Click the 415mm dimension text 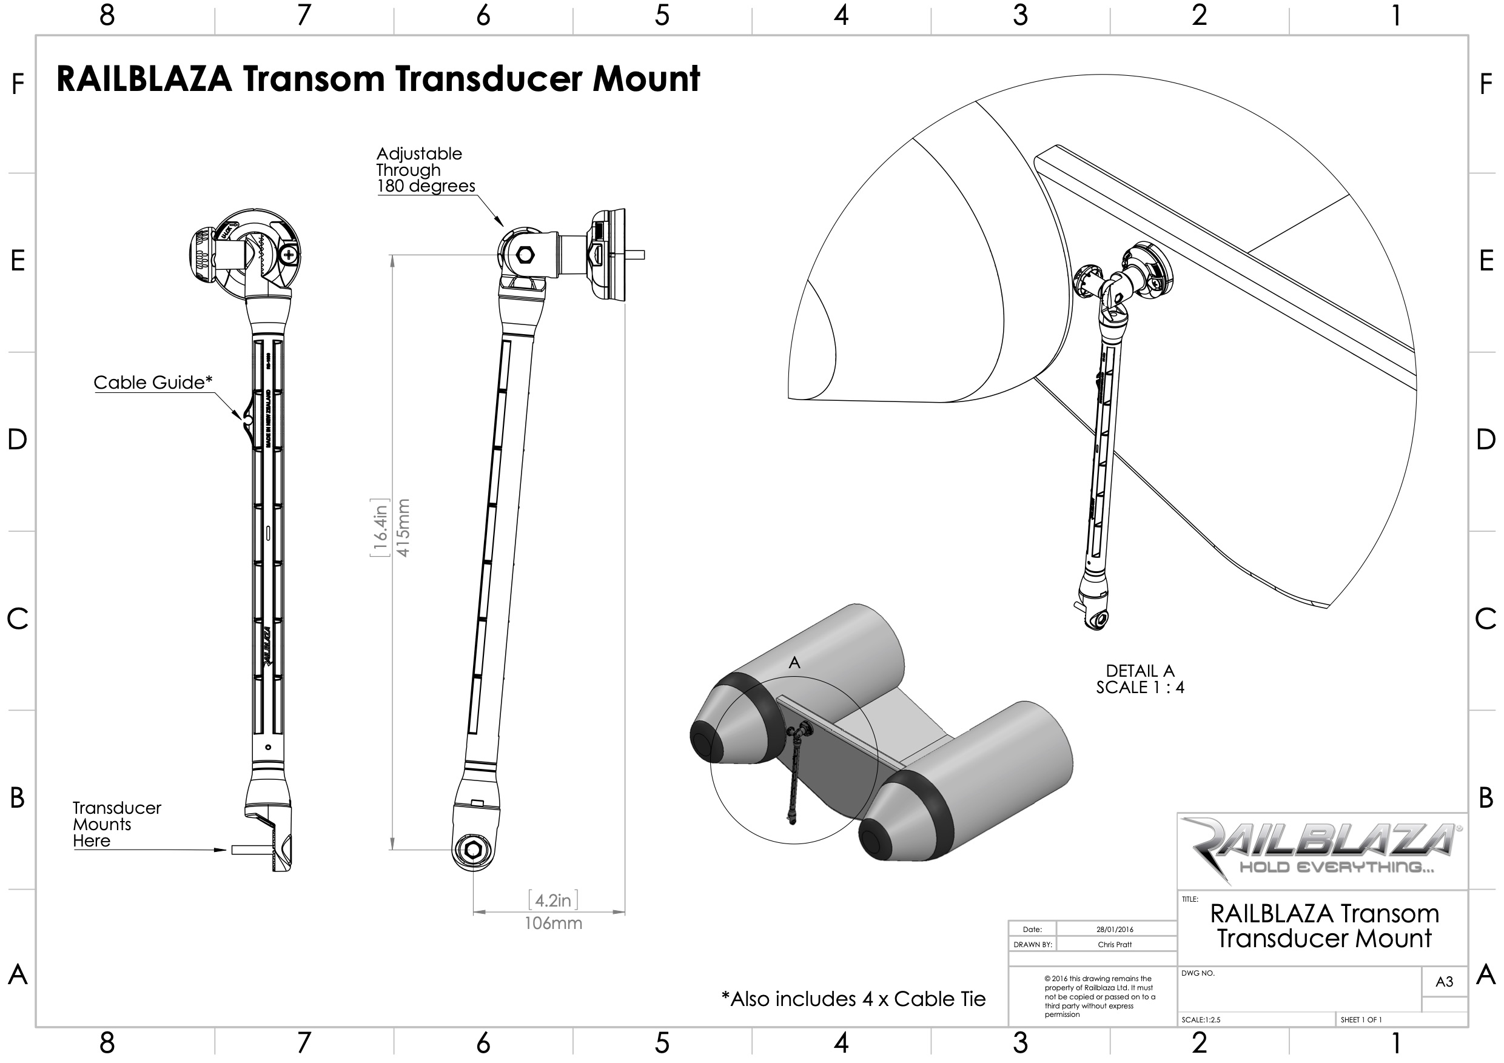[x=403, y=528]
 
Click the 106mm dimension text [x=553, y=924]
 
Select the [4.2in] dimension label [x=553, y=900]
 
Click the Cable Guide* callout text [x=153, y=383]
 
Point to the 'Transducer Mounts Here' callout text [x=116, y=824]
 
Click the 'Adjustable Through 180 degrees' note [x=425, y=170]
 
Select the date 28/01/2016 [x=1114, y=930]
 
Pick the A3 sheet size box [x=1444, y=981]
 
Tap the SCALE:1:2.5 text [x=1201, y=1020]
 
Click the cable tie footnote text [x=853, y=999]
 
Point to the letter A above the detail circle [x=794, y=663]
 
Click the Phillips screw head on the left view [x=287, y=255]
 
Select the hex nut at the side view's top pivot [x=525, y=254]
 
